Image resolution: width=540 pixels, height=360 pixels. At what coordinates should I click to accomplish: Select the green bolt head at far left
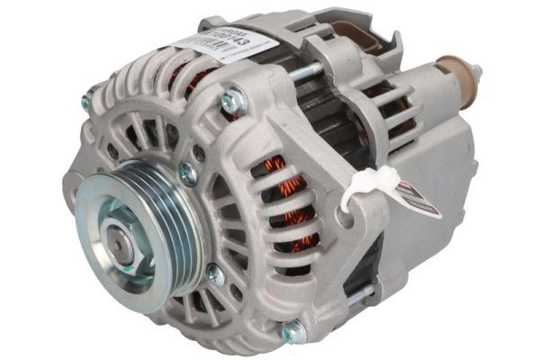pyautogui.click(x=86, y=103)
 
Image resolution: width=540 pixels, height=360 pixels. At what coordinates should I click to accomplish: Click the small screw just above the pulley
pyautogui.click(x=189, y=173)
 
